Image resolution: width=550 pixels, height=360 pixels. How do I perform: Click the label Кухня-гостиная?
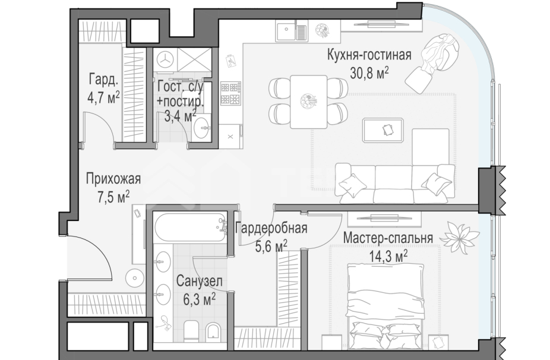369,56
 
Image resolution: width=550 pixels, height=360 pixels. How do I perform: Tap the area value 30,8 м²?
369,72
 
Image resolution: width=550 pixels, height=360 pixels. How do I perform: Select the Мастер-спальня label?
388,239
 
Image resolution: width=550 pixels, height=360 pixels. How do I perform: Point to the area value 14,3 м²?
388,255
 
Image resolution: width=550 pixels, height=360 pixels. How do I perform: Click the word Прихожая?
113,179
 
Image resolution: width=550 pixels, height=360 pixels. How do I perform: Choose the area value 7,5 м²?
113,196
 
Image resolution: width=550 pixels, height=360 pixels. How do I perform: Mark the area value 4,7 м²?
103,97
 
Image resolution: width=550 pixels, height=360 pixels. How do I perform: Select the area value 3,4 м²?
180,115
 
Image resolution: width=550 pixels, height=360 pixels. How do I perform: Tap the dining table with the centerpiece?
308,102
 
